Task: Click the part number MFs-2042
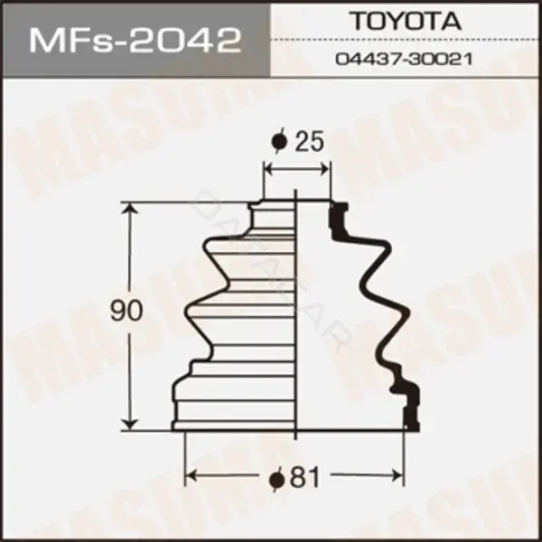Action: coord(135,41)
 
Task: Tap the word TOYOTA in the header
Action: coord(406,21)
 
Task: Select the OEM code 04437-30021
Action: coord(404,59)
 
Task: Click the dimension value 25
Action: coord(309,141)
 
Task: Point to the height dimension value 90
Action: coord(126,310)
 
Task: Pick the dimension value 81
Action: coord(305,478)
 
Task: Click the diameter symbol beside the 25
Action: coord(280,141)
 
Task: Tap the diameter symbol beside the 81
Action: coord(277,479)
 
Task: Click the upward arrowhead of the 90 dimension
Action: coord(130,209)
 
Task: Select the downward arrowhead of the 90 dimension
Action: coord(130,424)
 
